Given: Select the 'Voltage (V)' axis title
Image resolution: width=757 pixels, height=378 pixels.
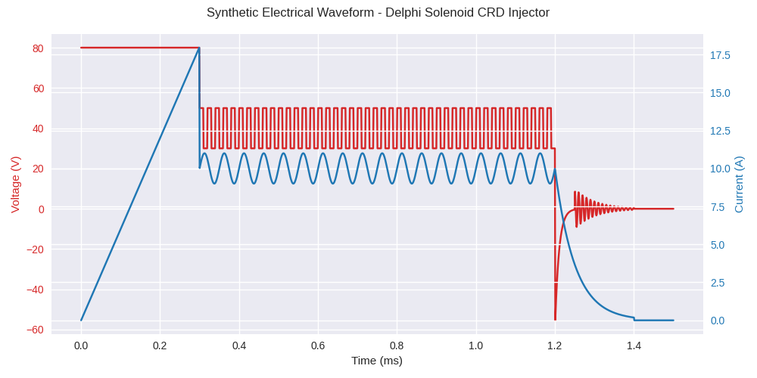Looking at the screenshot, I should pyautogui.click(x=15, y=184).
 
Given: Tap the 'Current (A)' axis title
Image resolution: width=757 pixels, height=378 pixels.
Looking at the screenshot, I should pyautogui.click(x=739, y=184).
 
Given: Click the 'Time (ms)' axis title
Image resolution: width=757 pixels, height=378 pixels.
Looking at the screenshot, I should pyautogui.click(x=377, y=361).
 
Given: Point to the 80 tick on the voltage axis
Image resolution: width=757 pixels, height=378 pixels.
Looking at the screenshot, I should pyautogui.click(x=38, y=48).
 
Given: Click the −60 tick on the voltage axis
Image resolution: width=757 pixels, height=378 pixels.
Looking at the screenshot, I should pyautogui.click(x=35, y=330).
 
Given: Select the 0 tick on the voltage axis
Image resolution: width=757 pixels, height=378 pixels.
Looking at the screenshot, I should pyautogui.click(x=41, y=209).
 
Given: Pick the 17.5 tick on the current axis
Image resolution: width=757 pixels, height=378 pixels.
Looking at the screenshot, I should pyautogui.click(x=720, y=55).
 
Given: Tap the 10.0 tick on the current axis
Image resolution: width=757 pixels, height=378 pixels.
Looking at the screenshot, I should pyautogui.click(x=720, y=169).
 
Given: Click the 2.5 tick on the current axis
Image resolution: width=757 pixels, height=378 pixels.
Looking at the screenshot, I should pyautogui.click(x=718, y=283).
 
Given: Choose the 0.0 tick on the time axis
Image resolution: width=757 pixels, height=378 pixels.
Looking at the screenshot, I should pyautogui.click(x=81, y=345).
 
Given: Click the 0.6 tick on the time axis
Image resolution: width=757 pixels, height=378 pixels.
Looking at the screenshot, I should pyautogui.click(x=318, y=345).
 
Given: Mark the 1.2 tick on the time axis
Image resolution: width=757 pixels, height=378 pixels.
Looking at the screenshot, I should pyautogui.click(x=555, y=345).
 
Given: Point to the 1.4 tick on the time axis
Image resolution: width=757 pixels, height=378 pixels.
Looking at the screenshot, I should pyautogui.click(x=634, y=345).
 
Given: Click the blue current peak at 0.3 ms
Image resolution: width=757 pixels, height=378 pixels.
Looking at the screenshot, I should pyautogui.click(x=199, y=48).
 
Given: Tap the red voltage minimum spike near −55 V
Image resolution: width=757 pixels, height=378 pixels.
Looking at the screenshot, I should pyautogui.click(x=555, y=319).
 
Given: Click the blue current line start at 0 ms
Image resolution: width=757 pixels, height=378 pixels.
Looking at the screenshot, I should pyautogui.click(x=81, y=321).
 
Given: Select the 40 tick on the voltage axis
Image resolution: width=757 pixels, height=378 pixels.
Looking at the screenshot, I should pyautogui.click(x=38, y=129).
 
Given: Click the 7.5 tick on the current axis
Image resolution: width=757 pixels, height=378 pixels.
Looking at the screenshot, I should pyautogui.click(x=718, y=207).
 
